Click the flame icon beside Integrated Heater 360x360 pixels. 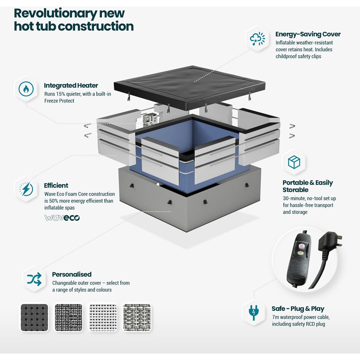26,89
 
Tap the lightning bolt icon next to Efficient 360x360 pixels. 26,189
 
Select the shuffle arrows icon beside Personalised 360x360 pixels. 34,279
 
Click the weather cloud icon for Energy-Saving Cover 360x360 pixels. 257,39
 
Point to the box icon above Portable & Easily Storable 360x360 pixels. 294,162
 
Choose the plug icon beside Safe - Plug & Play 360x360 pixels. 253,312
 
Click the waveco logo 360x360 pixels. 62,218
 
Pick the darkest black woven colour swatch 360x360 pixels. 35,318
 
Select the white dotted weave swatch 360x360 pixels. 103,318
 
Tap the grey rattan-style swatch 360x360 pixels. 137,318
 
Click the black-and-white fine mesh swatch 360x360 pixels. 69,318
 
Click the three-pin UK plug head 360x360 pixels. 330,244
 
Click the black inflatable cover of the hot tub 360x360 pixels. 190,87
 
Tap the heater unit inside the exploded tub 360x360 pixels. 150,120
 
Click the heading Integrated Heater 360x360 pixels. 71,85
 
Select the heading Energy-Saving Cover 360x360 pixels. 308,34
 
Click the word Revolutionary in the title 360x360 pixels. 55,14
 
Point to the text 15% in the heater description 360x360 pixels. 61,94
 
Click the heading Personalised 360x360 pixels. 72,274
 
